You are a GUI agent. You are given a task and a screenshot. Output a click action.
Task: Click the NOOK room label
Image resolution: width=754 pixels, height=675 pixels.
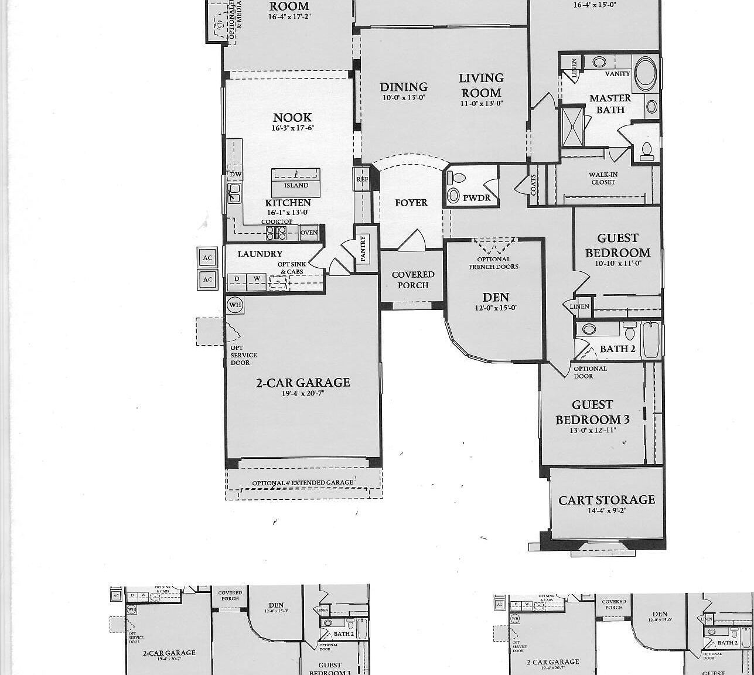click(292, 118)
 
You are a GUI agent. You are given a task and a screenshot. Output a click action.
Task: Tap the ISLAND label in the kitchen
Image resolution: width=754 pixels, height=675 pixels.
click(296, 185)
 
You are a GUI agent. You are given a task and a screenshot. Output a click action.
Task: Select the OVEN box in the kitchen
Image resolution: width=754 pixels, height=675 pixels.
click(309, 233)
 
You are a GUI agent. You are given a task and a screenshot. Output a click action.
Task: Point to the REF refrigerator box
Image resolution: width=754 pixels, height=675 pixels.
click(361, 179)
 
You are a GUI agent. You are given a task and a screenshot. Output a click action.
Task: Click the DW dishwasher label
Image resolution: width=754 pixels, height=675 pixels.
click(235, 175)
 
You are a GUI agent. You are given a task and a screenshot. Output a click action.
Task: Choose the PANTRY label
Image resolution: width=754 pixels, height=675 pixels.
click(363, 247)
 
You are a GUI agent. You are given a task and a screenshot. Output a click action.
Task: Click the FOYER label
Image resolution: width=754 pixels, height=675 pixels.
click(411, 203)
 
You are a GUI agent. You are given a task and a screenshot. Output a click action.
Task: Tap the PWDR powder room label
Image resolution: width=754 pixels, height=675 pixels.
click(476, 198)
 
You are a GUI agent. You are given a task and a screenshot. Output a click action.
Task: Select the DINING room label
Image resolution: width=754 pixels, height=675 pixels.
click(403, 87)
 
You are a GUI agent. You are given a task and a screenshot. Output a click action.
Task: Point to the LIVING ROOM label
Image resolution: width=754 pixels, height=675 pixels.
click(480, 85)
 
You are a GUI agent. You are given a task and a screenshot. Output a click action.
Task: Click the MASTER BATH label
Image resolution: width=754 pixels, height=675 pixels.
click(610, 104)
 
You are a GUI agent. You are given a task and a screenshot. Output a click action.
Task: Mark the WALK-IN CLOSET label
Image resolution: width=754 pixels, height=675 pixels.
click(603, 178)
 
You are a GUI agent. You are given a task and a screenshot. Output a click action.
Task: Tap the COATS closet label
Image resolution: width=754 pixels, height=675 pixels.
click(534, 185)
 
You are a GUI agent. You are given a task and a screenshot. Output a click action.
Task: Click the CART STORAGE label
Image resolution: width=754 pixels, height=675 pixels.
click(606, 500)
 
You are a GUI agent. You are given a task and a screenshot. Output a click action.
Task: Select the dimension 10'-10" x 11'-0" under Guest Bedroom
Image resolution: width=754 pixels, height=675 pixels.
click(617, 264)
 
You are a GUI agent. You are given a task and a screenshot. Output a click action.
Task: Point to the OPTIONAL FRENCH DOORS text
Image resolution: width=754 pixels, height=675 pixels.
click(493, 262)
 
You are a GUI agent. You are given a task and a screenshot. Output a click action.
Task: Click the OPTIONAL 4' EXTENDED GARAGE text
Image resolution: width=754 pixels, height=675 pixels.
click(302, 483)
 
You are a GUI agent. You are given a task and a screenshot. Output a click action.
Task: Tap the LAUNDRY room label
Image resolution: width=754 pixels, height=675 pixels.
click(260, 254)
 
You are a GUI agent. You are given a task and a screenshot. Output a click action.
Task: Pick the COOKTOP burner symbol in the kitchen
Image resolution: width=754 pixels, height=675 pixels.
click(277, 233)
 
